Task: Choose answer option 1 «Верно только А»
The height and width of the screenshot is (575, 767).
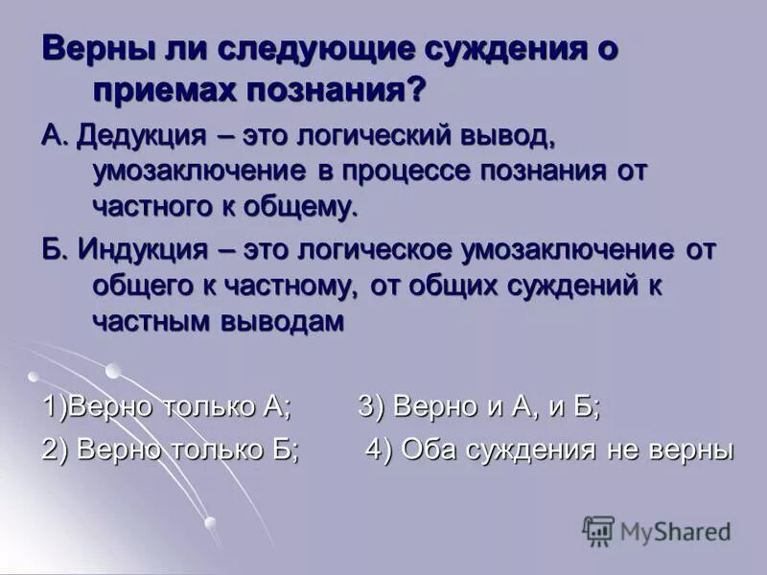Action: [x=166, y=405]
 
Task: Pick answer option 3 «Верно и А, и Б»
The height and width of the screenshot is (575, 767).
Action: [x=479, y=405]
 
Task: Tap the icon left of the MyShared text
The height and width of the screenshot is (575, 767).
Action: [x=598, y=531]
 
